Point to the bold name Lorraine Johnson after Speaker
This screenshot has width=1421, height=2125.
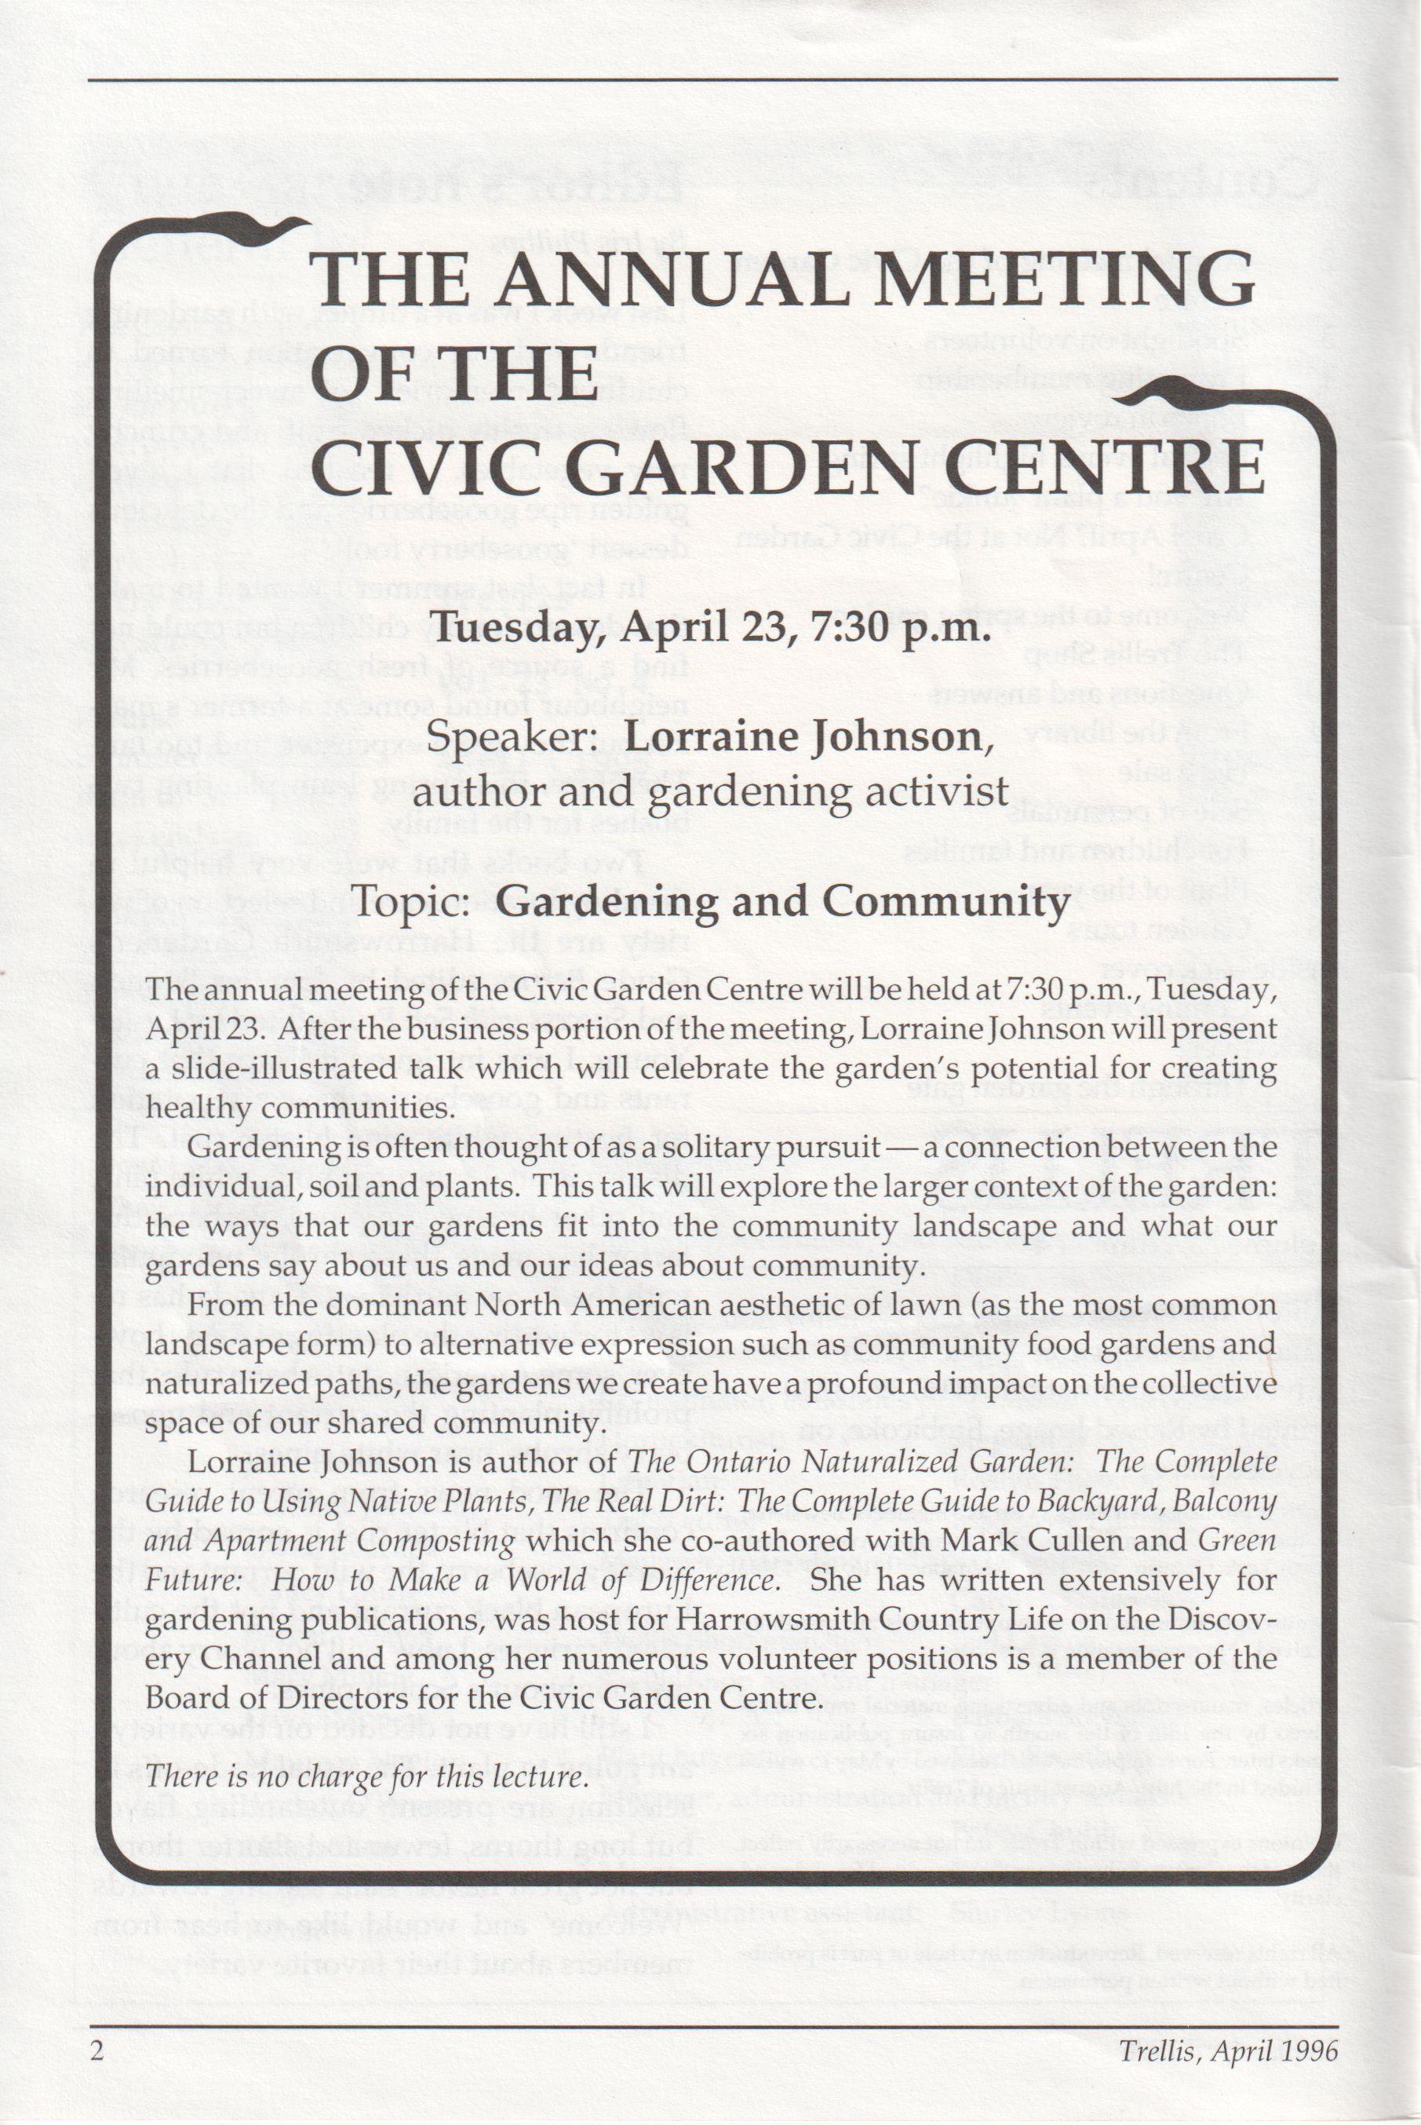[803, 737]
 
